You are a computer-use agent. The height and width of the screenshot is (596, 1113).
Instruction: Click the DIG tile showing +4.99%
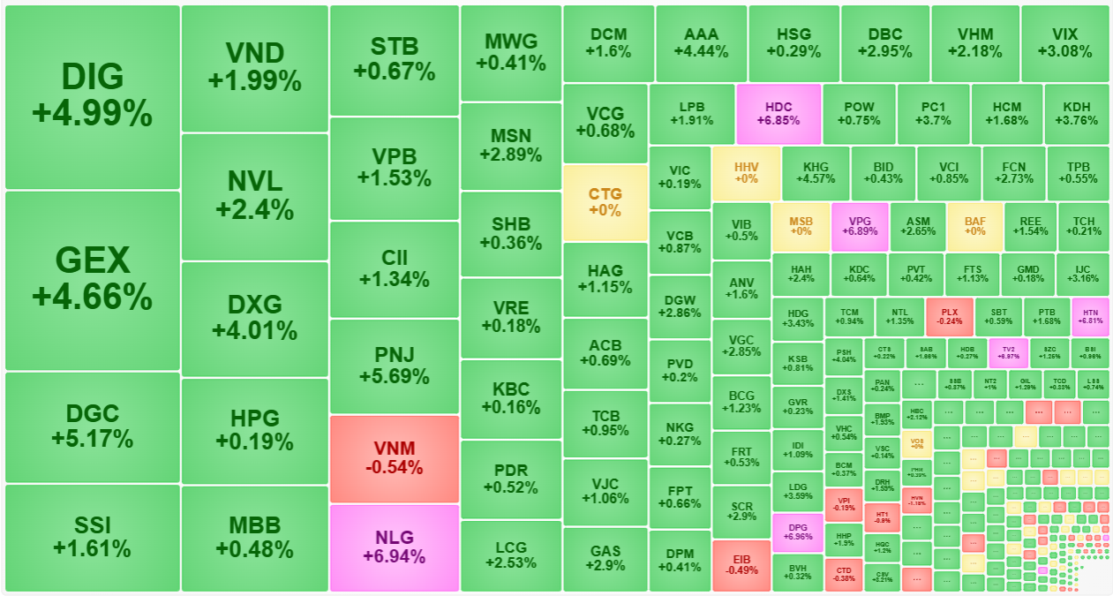coord(92,96)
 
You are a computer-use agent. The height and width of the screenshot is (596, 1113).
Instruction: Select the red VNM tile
coord(394,457)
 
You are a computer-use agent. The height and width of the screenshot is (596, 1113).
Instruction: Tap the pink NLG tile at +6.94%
coord(394,547)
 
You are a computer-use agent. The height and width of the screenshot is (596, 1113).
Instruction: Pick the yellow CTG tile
coord(605,202)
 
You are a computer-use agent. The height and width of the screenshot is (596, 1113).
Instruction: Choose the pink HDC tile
coord(778,113)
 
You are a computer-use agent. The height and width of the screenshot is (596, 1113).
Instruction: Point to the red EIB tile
coord(741,565)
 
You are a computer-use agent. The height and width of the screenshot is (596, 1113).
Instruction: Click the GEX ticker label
coord(92,260)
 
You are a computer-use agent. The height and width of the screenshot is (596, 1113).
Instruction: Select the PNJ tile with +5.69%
coord(394,366)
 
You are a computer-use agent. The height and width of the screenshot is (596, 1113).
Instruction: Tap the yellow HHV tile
coord(746,172)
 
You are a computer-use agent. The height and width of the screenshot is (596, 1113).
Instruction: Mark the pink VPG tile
coord(860,226)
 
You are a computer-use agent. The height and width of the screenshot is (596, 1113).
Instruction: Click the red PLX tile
coord(950,317)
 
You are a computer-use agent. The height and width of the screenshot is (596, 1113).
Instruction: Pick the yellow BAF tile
coord(974,226)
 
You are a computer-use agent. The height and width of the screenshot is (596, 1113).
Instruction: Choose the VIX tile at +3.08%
coord(1064,42)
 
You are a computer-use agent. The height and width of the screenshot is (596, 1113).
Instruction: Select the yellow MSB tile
coord(801,226)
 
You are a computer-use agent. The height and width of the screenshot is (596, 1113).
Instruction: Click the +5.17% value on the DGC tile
coord(92,439)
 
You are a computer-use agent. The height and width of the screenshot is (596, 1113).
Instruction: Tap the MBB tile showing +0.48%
coord(254,537)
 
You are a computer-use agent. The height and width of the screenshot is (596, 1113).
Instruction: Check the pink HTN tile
coord(1090,317)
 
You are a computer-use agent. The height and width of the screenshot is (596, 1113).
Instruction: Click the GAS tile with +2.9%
coord(605,558)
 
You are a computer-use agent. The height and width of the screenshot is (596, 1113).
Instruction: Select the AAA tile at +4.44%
coord(701,42)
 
